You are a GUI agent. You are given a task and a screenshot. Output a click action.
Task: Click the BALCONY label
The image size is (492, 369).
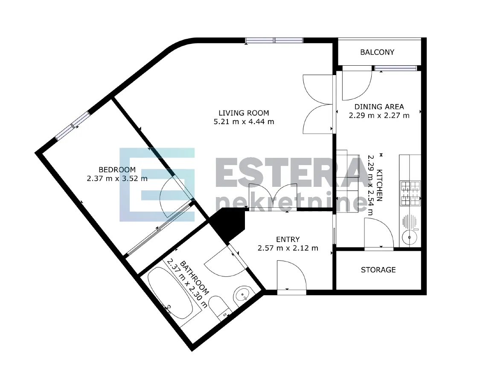pyautogui.click(x=377, y=52)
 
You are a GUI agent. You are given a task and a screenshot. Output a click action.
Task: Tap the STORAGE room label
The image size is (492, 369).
pyautogui.click(x=378, y=270)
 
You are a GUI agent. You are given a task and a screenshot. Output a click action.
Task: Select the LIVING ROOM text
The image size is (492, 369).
pyautogui.click(x=244, y=113)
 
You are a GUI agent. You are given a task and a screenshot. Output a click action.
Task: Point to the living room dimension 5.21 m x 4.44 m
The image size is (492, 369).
pyautogui.click(x=244, y=122)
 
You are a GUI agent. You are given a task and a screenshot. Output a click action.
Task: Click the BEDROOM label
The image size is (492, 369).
pyautogui.click(x=117, y=170)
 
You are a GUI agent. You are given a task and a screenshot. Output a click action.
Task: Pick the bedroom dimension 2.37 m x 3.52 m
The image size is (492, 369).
pyautogui.click(x=117, y=179)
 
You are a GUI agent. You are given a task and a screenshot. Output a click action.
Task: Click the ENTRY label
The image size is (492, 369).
pyautogui.click(x=288, y=239)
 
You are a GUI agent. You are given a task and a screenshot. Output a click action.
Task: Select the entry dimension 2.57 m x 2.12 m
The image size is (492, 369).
pyautogui.click(x=288, y=248)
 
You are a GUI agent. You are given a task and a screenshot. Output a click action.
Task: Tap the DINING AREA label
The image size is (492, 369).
pyautogui.click(x=379, y=107)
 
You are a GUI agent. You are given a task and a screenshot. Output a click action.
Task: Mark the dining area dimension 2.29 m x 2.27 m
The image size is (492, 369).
pyautogui.click(x=379, y=116)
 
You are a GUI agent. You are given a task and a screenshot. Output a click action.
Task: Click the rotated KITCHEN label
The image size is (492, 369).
pyautogui.click(x=379, y=185)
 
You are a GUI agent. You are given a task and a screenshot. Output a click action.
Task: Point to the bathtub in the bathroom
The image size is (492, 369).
pyautogui.click(x=170, y=293)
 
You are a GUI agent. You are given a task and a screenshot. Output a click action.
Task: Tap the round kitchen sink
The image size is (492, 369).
pyautogui.click(x=410, y=238)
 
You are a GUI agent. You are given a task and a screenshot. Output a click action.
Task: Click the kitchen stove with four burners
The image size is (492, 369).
pyautogui.click(x=410, y=193)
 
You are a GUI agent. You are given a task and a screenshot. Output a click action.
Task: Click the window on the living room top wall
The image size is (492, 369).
pyautogui.click(x=274, y=40)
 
